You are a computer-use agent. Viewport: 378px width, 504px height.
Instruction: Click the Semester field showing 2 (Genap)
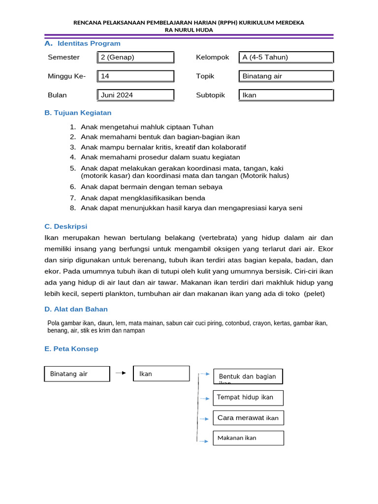[x=135, y=58]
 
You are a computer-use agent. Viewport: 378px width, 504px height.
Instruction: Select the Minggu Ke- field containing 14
[x=135, y=76]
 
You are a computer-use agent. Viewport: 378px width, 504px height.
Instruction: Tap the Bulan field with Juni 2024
[x=135, y=95]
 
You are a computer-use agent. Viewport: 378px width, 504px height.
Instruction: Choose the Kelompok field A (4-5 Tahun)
[x=286, y=58]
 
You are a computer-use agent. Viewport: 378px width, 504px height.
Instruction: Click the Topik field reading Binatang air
[x=286, y=76]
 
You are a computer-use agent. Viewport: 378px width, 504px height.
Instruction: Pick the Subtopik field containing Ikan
[x=286, y=95]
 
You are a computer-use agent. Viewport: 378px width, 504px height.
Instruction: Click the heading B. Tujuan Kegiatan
[x=78, y=113]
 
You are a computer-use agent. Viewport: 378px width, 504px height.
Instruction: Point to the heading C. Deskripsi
[x=65, y=226]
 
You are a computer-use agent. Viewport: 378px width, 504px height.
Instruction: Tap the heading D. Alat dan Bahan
[x=76, y=309]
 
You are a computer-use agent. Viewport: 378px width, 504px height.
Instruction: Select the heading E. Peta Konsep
[x=71, y=349]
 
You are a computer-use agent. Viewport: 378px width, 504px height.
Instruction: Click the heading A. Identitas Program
[x=82, y=43]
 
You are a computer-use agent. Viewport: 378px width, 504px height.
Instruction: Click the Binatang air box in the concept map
[x=77, y=374]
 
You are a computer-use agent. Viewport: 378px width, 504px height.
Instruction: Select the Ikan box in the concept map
[x=161, y=374]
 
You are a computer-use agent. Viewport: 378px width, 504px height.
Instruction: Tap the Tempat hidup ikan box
[x=248, y=398]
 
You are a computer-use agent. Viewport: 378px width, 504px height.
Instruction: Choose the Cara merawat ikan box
[x=248, y=418]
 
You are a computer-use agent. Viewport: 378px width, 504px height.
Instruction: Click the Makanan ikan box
[x=248, y=438]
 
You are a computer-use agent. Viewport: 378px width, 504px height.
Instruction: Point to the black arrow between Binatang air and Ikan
[x=121, y=373]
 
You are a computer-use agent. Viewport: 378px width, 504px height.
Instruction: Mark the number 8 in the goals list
[x=72, y=208]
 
